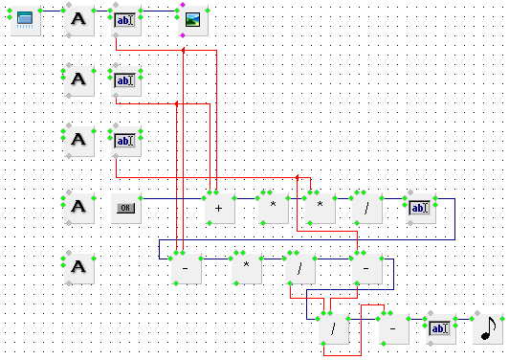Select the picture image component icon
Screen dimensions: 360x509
tap(192, 19)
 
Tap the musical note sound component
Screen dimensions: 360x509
tap(489, 328)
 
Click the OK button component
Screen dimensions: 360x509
tap(125, 207)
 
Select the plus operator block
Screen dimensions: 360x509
tap(219, 207)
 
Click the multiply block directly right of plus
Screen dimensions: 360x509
tap(273, 207)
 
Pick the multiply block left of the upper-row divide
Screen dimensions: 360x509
tap(319, 207)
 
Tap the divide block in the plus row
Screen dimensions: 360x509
tap(365, 207)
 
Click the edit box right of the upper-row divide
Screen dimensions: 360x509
tap(419, 207)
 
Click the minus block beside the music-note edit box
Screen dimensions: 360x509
tap(393, 328)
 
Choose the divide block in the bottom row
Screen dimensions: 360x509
tap(333, 328)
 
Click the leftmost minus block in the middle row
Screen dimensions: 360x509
tap(185, 268)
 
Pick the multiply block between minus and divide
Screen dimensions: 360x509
tap(246, 268)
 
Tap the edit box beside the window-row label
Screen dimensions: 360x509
tap(125, 19)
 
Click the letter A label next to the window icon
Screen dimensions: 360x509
tap(79, 19)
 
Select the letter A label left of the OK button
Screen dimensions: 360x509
tap(79, 207)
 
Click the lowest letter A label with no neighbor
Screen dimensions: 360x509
tap(79, 268)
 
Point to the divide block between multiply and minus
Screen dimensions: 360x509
tap(299, 268)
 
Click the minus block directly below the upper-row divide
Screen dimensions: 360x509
tap(366, 268)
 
